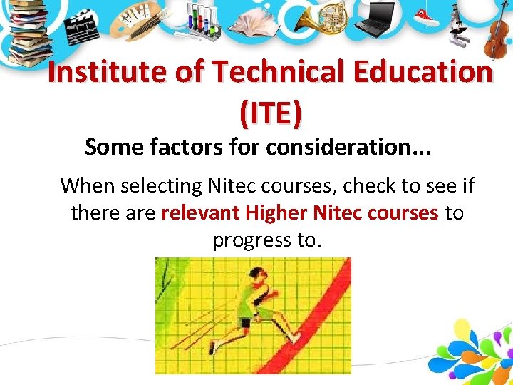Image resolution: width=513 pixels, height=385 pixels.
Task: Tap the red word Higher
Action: pos(276,213)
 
